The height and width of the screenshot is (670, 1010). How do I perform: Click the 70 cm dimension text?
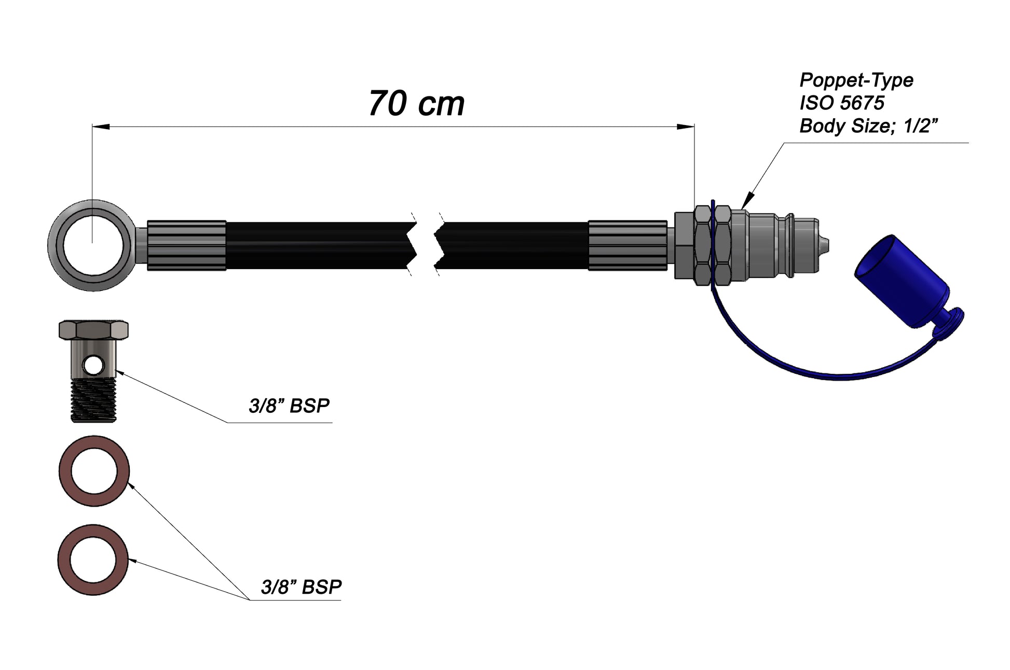(x=416, y=104)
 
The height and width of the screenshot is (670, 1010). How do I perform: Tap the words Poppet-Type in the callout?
(x=856, y=80)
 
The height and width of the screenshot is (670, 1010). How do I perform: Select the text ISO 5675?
(x=841, y=103)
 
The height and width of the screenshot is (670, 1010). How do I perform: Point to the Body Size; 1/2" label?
(x=868, y=126)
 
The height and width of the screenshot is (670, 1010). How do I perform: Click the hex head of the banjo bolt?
(x=93, y=329)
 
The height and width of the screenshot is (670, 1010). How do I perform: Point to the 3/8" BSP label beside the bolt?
(x=289, y=406)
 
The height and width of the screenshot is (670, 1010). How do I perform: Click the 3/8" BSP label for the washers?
(x=301, y=587)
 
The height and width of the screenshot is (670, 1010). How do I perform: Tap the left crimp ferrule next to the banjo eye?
(x=186, y=245)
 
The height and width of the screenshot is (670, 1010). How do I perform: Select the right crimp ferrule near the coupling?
(x=627, y=245)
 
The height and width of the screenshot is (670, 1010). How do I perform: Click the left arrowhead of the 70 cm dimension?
(x=100, y=126)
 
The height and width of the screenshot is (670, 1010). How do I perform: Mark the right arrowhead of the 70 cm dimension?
(x=686, y=126)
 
